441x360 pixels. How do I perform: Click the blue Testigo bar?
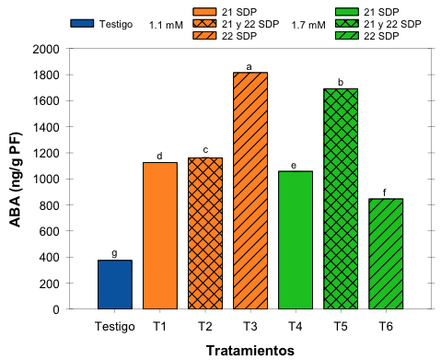[115, 285]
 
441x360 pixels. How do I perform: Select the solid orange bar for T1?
[159, 236]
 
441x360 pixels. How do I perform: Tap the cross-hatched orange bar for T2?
[204, 233]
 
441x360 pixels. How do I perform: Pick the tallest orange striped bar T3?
[250, 191]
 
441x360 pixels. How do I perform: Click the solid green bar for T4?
[295, 240]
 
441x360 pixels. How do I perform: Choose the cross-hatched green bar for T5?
[340, 199]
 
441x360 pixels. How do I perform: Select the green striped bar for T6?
[385, 254]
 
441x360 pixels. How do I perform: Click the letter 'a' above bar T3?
[250, 66]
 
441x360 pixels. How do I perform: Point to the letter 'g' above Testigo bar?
[114, 253]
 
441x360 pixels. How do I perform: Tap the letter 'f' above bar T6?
[385, 192]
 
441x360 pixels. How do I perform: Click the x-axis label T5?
[340, 325]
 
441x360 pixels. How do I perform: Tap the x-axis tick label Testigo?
[114, 325]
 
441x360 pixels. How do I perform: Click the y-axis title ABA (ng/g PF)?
[17, 179]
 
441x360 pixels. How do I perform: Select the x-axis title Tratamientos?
[250, 350]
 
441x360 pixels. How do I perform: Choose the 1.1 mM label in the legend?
[166, 26]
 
